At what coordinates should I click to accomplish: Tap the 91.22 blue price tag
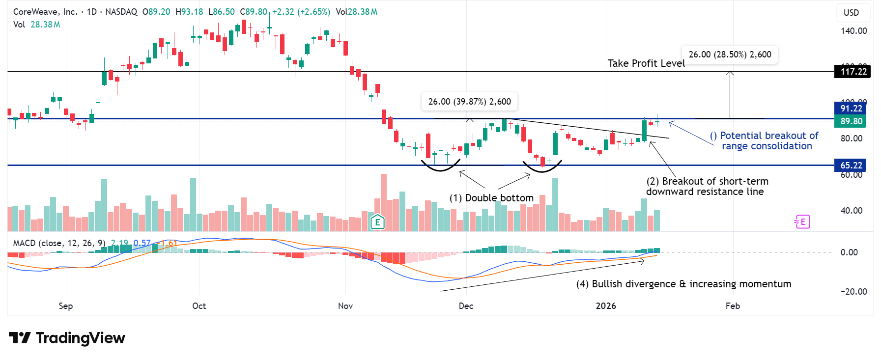coord(851,109)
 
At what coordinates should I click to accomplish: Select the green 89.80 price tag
coord(851,121)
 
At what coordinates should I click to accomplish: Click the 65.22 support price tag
coord(851,166)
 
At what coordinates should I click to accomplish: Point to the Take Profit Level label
coord(646,63)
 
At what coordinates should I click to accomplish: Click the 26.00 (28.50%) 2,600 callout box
coord(730,55)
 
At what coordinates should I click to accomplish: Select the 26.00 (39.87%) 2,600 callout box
coord(469,102)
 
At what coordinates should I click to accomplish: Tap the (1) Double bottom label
coord(491,198)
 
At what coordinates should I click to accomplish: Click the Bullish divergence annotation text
coord(683,284)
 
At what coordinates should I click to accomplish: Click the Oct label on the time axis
coord(199,306)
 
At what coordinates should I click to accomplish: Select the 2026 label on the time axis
coord(605,306)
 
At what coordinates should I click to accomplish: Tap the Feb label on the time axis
coord(732,306)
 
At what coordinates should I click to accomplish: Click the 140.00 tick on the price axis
coord(853,31)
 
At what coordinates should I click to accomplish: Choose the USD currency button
coord(851,13)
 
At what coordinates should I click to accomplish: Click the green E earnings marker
coord(377,222)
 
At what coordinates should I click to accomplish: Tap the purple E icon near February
coord(802,222)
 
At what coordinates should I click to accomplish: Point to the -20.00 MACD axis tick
coord(853,292)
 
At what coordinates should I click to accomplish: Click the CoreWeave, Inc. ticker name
coord(45,12)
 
